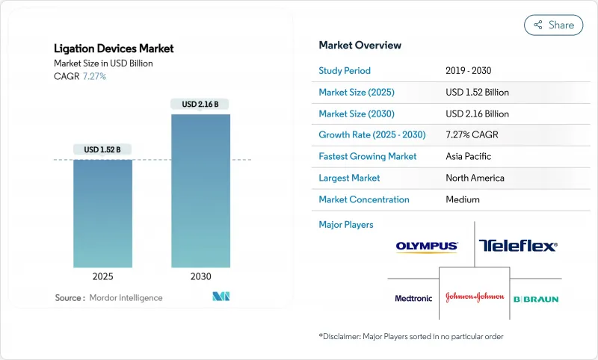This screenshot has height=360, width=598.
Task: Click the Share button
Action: (x=554, y=25)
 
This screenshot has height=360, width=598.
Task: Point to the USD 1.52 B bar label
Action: (x=102, y=149)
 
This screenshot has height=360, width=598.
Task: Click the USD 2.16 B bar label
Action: (x=200, y=104)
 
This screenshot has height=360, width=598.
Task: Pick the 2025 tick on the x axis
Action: (x=102, y=276)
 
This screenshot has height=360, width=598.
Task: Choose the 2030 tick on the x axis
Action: (x=200, y=276)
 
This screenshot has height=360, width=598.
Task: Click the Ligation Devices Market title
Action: (x=114, y=49)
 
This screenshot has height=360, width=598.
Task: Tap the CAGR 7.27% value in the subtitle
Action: (x=93, y=76)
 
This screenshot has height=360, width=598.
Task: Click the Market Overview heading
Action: (x=360, y=46)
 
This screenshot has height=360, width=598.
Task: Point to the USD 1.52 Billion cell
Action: (x=477, y=93)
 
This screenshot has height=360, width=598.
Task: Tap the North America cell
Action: (x=475, y=178)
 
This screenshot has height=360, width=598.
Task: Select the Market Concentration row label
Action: (x=364, y=199)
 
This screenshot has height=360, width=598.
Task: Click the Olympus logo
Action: (x=427, y=246)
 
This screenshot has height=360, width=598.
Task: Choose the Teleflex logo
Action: (x=518, y=245)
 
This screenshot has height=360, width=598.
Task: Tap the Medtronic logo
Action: (x=413, y=298)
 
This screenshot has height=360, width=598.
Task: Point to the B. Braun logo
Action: (x=535, y=299)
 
